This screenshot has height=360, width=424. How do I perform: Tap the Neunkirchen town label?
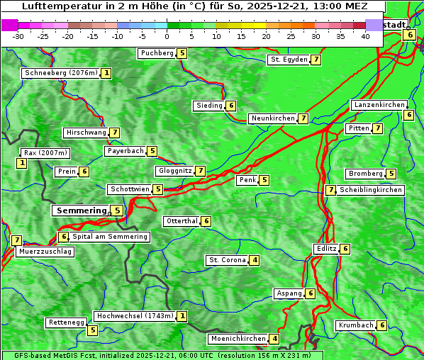coord(272,118)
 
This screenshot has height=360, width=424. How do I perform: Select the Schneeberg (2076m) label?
coord(60,73)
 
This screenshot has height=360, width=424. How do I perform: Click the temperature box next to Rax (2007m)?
coord(22,164)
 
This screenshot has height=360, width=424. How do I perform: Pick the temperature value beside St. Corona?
coord(255,260)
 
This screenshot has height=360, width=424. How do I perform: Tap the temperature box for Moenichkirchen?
coord(274,339)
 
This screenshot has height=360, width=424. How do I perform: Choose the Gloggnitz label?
coord(174,171)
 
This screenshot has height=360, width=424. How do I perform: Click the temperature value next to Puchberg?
coord(182,53)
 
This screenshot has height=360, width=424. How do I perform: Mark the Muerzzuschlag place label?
coord(45,252)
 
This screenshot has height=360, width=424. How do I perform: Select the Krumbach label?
coord(355,325)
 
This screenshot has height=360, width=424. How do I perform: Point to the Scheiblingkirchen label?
coord(370,190)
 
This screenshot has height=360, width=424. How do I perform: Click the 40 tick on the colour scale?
coord(365,35)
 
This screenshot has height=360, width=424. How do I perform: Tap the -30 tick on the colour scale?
coord(18,35)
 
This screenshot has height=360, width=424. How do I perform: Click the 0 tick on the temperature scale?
coord(167,35)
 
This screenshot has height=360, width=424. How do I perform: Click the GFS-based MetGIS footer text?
coord(64,355)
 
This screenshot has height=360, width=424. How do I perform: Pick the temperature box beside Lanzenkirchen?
coord(408,115)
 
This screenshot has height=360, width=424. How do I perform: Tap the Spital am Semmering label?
coord(110,237)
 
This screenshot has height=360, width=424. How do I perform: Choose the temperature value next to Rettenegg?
coord(92,330)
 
